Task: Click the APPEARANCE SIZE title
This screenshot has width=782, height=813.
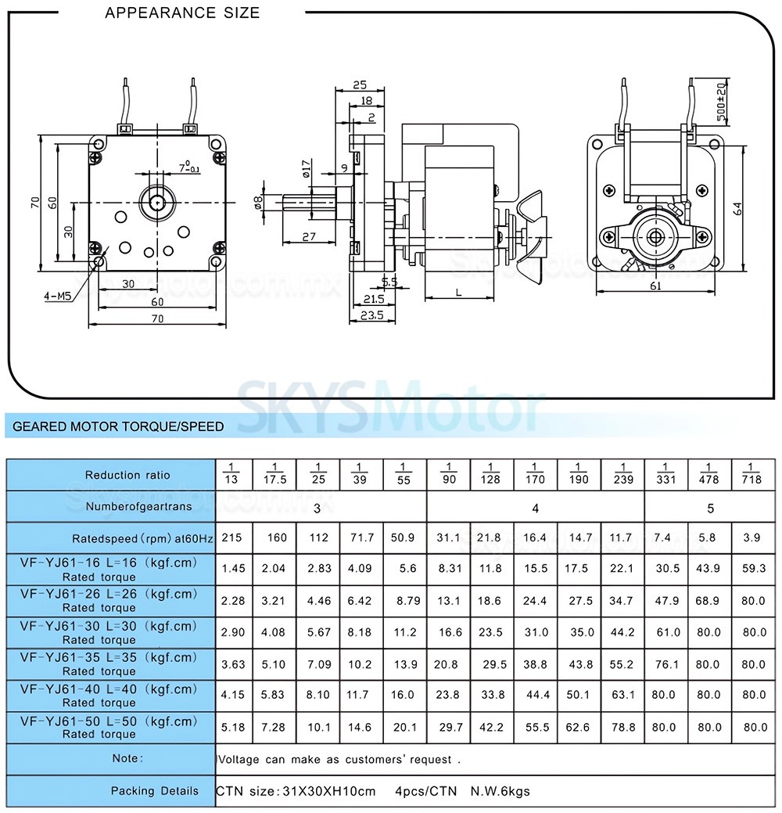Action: (182, 13)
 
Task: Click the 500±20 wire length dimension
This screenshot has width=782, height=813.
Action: (721, 101)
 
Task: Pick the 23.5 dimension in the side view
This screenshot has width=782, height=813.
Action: (372, 315)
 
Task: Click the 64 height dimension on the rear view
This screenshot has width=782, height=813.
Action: (737, 209)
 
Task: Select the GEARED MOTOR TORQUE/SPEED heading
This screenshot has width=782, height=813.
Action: (118, 426)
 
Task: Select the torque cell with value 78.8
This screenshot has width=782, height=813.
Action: (623, 727)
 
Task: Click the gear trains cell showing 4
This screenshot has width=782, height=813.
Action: (535, 509)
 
